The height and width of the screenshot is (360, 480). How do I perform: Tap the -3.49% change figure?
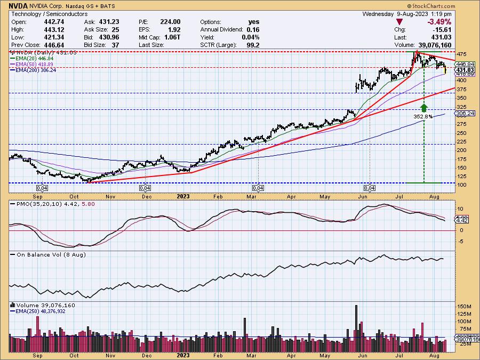439,22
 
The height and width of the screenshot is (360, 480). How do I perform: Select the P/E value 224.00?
171,22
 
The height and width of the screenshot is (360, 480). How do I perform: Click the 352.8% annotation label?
423,116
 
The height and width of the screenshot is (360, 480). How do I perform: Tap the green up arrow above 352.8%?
423,107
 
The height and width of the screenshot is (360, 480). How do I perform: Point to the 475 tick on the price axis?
461,54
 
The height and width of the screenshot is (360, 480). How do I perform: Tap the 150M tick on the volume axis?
463,307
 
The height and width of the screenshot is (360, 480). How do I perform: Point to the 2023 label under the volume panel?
183,355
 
